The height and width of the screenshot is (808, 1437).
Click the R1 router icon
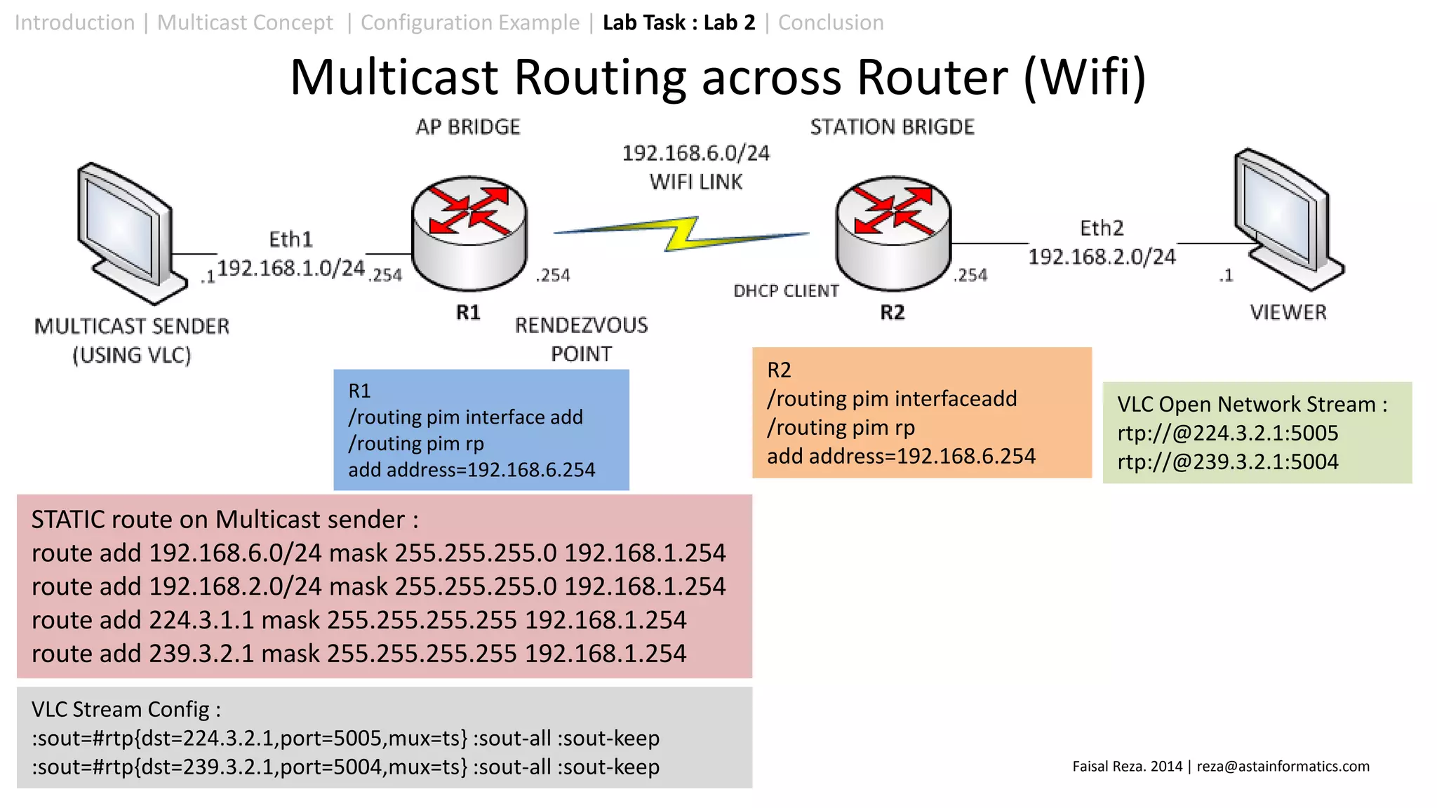[469, 233]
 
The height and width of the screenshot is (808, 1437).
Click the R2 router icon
[893, 233]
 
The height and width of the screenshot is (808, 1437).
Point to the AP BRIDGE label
[468, 127]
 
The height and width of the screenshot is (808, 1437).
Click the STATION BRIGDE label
[892, 127]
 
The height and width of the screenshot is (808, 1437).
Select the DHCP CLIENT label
[786, 291]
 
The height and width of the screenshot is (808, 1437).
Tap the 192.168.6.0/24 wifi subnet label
[695, 153]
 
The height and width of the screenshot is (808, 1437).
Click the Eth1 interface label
[290, 240]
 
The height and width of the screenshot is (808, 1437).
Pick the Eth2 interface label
[1102, 229]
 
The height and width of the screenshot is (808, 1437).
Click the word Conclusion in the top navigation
[831, 22]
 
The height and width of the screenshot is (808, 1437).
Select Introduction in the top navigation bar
[74, 22]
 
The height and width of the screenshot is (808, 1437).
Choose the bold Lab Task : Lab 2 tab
[679, 22]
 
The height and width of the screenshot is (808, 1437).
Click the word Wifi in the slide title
[1085, 76]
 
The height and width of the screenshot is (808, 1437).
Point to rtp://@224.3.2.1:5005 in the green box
[1227, 433]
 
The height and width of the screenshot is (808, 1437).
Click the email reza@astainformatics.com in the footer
[1283, 766]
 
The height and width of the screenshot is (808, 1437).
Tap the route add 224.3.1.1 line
[359, 620]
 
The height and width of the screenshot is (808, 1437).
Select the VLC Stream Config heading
[126, 709]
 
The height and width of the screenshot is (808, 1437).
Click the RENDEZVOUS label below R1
[581, 325]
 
